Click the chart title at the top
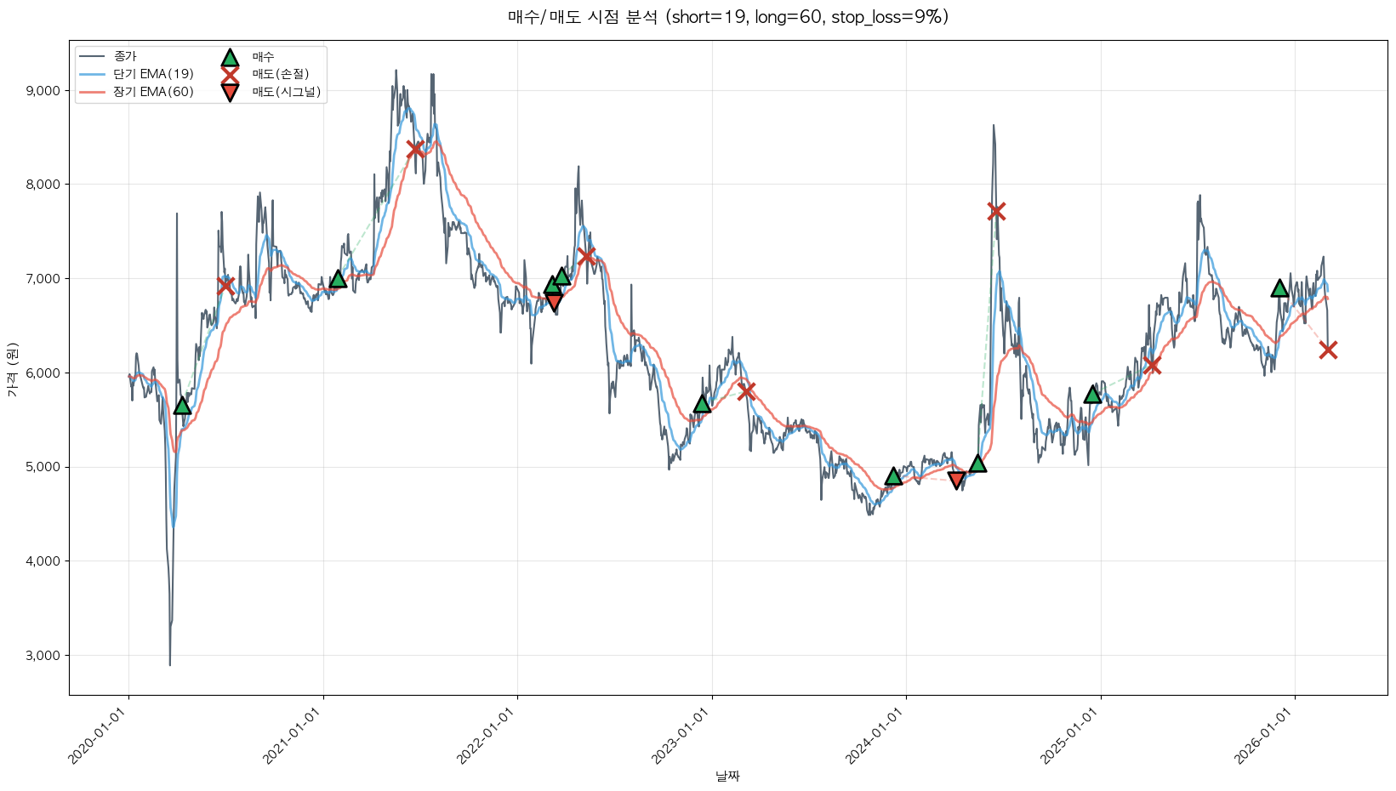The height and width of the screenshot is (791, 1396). (727, 17)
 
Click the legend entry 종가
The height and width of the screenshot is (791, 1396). (124, 56)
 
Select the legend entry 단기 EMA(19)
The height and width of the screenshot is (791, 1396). (153, 74)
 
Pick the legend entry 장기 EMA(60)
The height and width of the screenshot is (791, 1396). (153, 92)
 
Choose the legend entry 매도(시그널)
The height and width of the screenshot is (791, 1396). (286, 92)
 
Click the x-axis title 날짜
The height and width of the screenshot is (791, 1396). (727, 776)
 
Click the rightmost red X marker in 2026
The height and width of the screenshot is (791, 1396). (1328, 350)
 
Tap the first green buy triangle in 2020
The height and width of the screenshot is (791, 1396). (182, 406)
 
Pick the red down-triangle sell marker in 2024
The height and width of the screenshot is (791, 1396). (956, 481)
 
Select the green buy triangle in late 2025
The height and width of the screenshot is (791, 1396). (1279, 288)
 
